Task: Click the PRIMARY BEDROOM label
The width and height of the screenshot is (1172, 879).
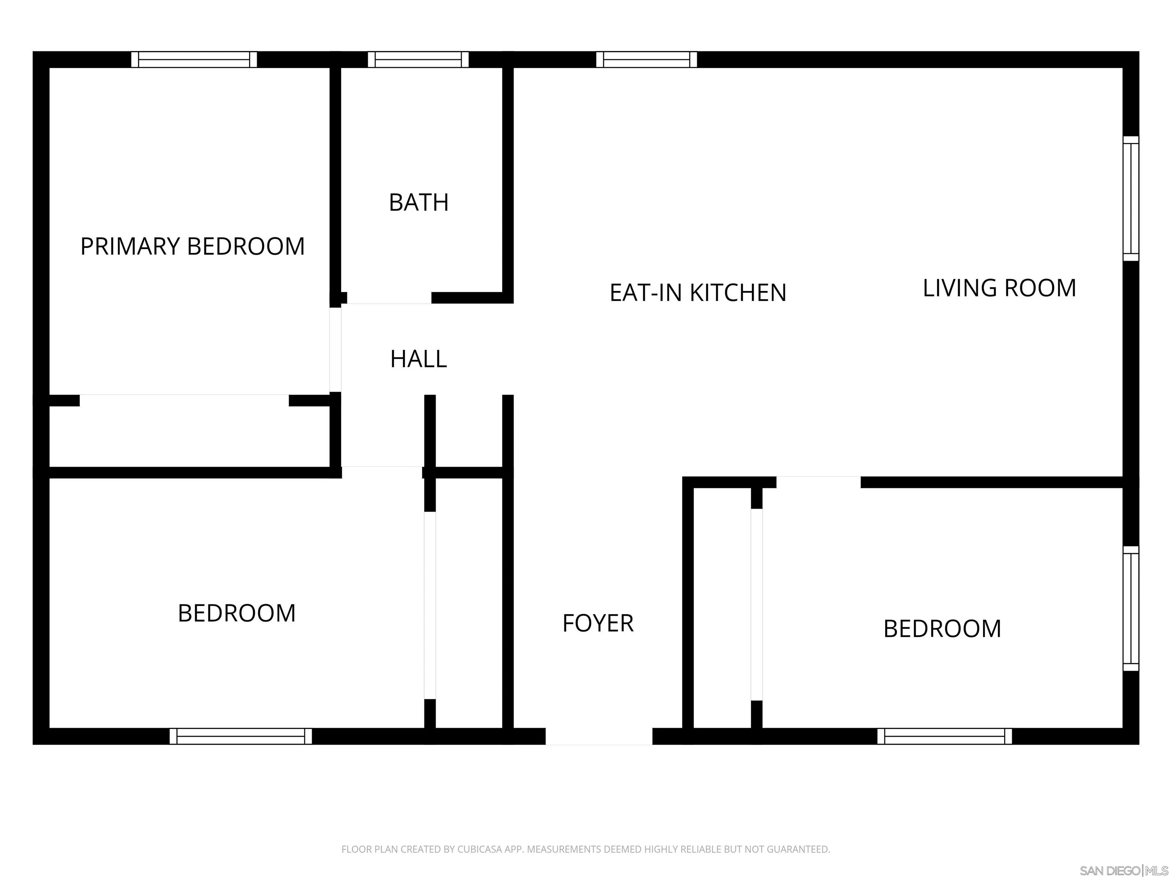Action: point(192,246)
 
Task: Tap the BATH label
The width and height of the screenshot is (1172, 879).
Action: point(419,203)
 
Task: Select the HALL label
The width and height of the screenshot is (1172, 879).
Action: point(419,359)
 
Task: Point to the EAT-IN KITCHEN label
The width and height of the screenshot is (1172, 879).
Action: point(698,293)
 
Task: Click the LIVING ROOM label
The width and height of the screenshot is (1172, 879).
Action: point(999,288)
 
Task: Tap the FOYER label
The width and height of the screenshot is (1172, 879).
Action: point(598,623)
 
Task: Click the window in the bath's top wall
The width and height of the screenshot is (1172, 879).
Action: point(418,60)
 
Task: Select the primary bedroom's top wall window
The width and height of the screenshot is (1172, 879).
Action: point(194,60)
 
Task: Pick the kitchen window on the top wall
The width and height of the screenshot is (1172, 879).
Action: point(646,60)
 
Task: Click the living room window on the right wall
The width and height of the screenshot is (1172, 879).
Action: point(1131,199)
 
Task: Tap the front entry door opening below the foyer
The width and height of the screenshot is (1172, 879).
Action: point(599,736)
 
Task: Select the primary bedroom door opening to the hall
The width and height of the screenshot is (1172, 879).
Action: point(335,350)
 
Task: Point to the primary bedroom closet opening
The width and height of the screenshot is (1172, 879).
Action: point(184,400)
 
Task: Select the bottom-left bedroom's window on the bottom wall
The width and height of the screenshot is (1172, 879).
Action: point(241,736)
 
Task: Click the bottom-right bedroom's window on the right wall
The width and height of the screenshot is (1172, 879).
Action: point(1131,609)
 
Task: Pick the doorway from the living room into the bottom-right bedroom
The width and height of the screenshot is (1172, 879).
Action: point(819,482)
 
